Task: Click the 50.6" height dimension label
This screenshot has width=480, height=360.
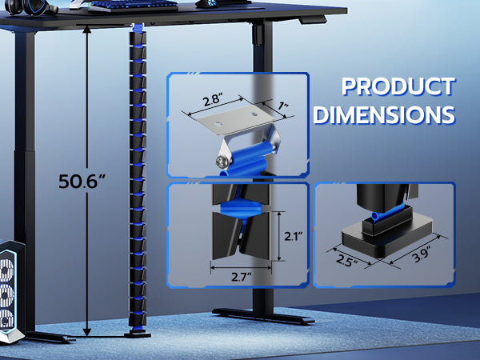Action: pos(82,181)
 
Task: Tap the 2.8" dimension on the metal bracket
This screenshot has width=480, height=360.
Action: pos(214,100)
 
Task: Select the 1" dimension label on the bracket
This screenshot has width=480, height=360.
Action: pos(283,106)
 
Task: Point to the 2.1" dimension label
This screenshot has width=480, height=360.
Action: pos(294,236)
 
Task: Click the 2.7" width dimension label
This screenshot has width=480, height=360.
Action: pos(241,277)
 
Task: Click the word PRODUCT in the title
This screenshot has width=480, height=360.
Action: pos(398,86)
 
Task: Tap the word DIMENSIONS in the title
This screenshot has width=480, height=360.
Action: pos(384,114)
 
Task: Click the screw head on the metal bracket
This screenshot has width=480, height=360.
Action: pos(222,162)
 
